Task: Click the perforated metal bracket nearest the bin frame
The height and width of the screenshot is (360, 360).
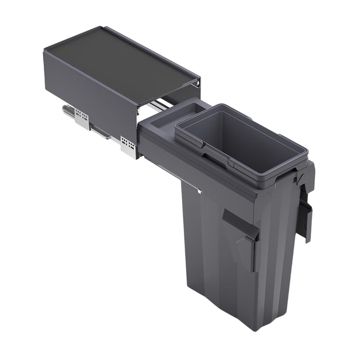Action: click(x=129, y=145)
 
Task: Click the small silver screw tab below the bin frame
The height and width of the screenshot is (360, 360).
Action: click(x=198, y=191)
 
